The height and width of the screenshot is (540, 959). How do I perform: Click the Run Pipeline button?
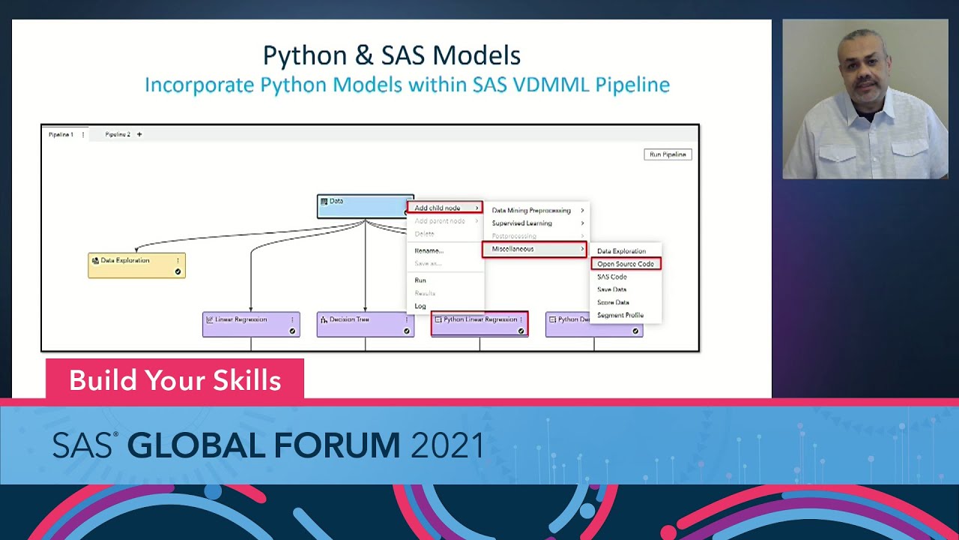pos(668,154)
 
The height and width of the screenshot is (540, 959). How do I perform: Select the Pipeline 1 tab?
pos(61,135)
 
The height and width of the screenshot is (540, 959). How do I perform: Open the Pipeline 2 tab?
pos(118,135)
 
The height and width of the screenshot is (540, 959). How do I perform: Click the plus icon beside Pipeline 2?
pos(139,135)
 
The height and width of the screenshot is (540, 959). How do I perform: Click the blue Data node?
pos(364,206)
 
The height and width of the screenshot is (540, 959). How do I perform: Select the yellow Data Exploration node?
pos(136,265)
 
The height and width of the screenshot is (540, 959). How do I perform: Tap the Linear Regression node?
pos(251,324)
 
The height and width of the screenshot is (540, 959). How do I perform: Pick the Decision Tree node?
pos(365,324)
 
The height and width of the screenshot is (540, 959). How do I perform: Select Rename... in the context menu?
pos(429,250)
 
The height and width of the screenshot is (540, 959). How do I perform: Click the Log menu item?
pos(420,306)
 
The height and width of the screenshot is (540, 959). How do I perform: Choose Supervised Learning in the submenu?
pos(522,223)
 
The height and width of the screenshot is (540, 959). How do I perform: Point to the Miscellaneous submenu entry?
pos(533,249)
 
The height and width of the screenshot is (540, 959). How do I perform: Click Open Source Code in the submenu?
pos(626,264)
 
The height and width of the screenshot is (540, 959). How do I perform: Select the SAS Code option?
pos(612,277)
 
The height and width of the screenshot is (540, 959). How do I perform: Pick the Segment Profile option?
pos(620,315)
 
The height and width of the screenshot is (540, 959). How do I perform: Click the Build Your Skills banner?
pos(175,380)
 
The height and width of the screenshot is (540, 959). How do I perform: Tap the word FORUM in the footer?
pos(337,446)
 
